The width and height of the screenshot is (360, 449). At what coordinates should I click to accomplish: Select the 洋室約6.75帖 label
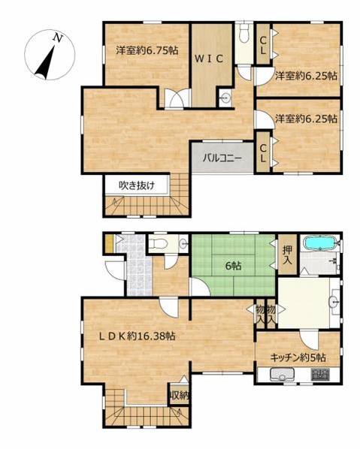click(x=147, y=51)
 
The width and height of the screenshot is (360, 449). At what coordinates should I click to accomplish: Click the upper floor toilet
click(x=244, y=33)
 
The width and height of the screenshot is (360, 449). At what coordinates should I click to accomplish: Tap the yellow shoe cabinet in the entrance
click(x=110, y=243)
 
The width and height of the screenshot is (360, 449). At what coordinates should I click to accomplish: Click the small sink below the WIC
click(x=225, y=95)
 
